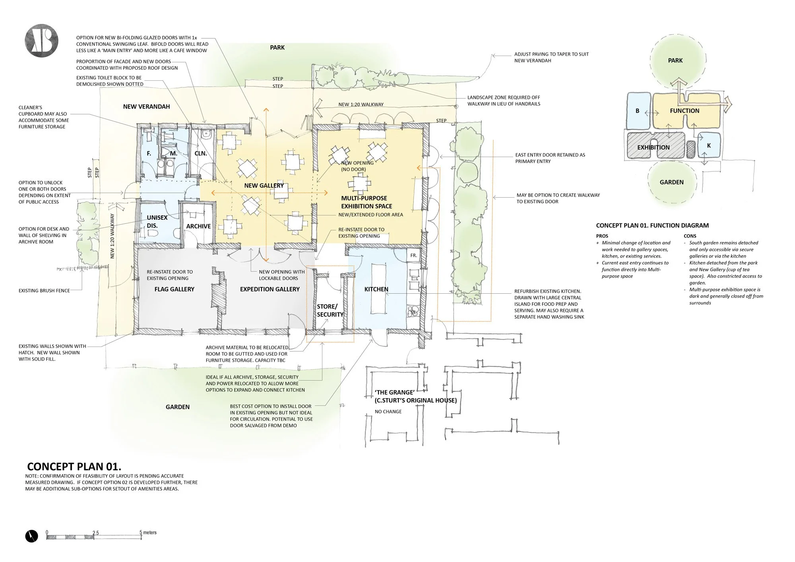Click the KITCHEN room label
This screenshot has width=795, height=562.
pyautogui.click(x=376, y=289)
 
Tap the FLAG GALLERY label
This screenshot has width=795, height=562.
pyautogui.click(x=174, y=289)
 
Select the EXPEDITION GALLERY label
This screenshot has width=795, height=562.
pyautogui.click(x=270, y=289)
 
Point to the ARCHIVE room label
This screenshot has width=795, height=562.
pyautogui.click(x=198, y=226)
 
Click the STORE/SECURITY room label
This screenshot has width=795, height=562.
pyautogui.click(x=330, y=310)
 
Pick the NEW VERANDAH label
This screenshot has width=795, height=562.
pyautogui.click(x=146, y=107)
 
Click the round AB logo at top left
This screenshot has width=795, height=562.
pyautogui.click(x=41, y=42)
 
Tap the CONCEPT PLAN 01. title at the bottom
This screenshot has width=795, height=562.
pyautogui.click(x=74, y=466)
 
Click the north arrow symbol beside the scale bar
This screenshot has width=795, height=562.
pyautogui.click(x=31, y=537)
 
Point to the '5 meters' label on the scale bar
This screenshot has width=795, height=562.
pyautogui.click(x=148, y=533)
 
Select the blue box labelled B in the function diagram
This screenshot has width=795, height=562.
pyautogui.click(x=638, y=111)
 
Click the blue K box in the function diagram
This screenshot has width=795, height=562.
pyautogui.click(x=709, y=146)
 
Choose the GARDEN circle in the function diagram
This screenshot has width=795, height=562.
pyautogui.click(x=672, y=182)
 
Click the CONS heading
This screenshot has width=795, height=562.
pyautogui.click(x=690, y=236)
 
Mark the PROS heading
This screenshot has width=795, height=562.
pyautogui.click(x=602, y=236)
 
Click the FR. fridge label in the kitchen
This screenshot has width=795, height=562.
pyautogui.click(x=414, y=256)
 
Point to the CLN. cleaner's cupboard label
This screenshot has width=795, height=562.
pyautogui.click(x=201, y=153)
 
